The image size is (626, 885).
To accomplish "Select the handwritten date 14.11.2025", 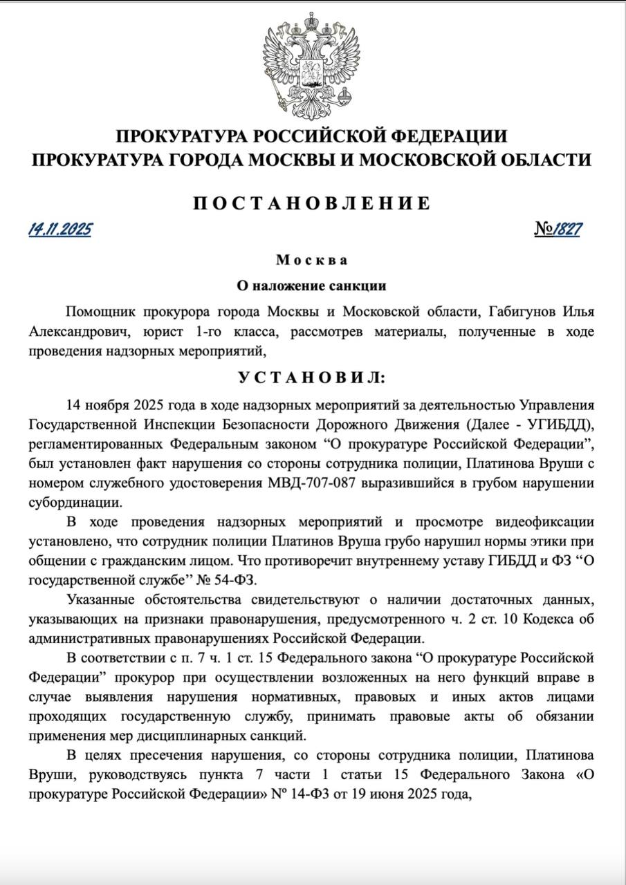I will point(60,230).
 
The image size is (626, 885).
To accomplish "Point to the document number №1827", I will point(557,230).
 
